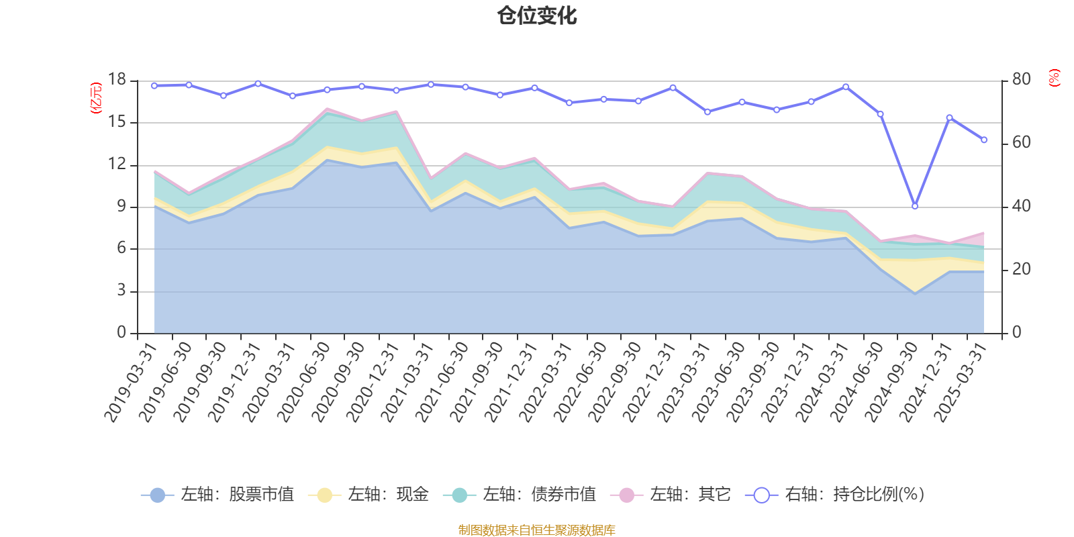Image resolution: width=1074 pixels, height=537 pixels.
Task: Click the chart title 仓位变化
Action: click(537, 15)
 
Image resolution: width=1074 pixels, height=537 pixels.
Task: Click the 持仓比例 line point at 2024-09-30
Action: click(915, 206)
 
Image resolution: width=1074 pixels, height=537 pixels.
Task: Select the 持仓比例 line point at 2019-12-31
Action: click(258, 83)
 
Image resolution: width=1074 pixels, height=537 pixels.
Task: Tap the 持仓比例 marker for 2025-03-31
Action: click(984, 140)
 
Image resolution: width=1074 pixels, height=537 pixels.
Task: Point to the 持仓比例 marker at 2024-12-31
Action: click(949, 117)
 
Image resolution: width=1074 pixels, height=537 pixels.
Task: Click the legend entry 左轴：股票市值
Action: click(217, 495)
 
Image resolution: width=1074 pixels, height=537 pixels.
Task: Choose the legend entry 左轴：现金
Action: click(369, 495)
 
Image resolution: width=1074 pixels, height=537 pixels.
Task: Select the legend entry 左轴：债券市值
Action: click(520, 495)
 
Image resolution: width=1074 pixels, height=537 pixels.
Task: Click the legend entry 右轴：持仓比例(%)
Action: click(836, 495)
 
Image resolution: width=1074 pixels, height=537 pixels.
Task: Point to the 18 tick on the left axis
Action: click(117, 80)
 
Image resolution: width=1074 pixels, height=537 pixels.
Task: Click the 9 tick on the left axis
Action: click(121, 207)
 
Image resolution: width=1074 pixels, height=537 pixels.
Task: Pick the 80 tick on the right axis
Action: click(1021, 80)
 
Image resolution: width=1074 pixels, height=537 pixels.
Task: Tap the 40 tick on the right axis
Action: click(1021, 206)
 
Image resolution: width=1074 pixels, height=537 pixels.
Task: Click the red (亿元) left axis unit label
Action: click(96, 98)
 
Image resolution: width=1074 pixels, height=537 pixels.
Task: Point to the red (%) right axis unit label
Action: click(1055, 78)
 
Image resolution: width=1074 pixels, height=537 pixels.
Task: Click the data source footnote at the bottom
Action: click(537, 530)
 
